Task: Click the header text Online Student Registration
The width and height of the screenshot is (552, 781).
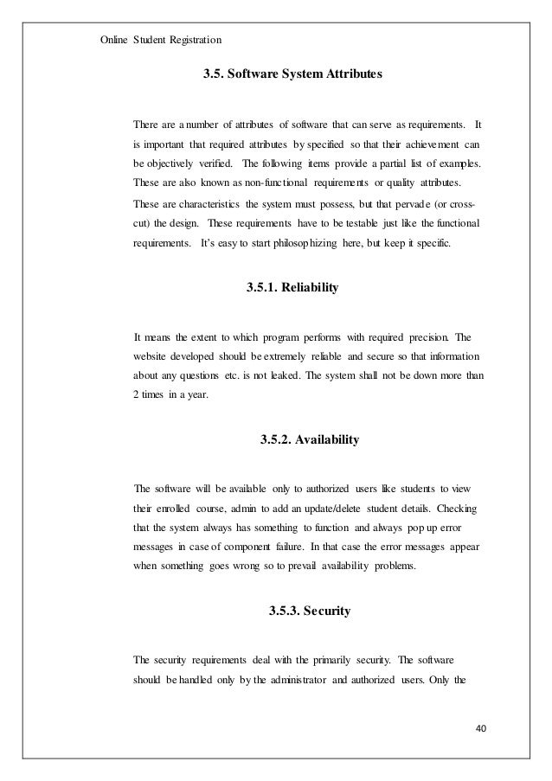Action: coord(160,39)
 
